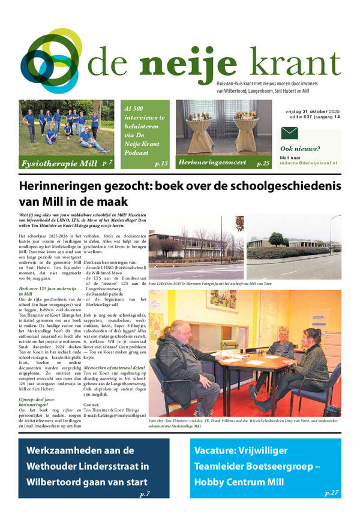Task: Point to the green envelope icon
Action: [290, 134]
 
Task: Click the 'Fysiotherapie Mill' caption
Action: [58, 163]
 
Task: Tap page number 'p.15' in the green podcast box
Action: [161, 163]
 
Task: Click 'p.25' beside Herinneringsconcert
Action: [263, 163]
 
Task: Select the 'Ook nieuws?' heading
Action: [300, 149]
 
